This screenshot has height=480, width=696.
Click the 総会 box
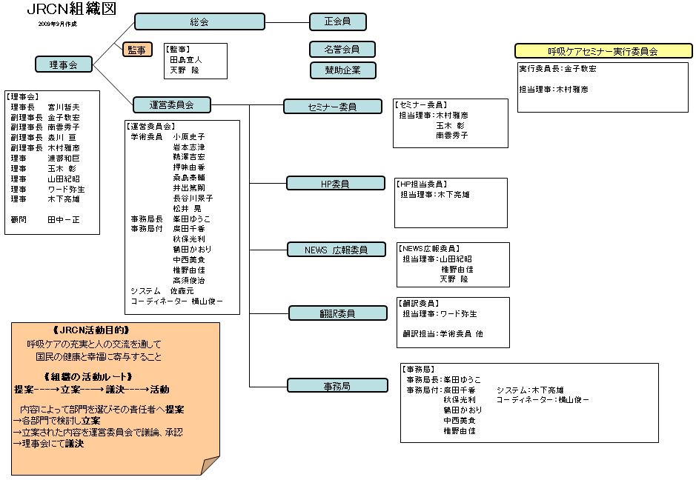point(199,21)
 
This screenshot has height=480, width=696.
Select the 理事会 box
point(64,64)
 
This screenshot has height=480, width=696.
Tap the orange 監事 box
point(137,50)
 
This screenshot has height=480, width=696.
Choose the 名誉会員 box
point(342,50)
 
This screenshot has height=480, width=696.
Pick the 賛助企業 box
point(342,70)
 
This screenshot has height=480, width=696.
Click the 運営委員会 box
point(171,104)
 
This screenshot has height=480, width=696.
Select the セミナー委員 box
point(332,106)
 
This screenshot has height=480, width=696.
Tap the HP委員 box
point(335,183)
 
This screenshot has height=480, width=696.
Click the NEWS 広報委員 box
point(337,250)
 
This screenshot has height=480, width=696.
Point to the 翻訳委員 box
point(337,313)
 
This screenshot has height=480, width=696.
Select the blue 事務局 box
point(337,385)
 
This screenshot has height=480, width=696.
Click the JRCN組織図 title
point(71,10)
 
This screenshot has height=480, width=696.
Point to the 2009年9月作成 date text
point(58,24)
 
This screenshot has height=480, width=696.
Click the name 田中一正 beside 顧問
point(63,220)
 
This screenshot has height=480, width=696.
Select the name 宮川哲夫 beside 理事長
point(64,107)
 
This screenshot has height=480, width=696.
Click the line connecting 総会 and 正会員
point(287,21)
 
